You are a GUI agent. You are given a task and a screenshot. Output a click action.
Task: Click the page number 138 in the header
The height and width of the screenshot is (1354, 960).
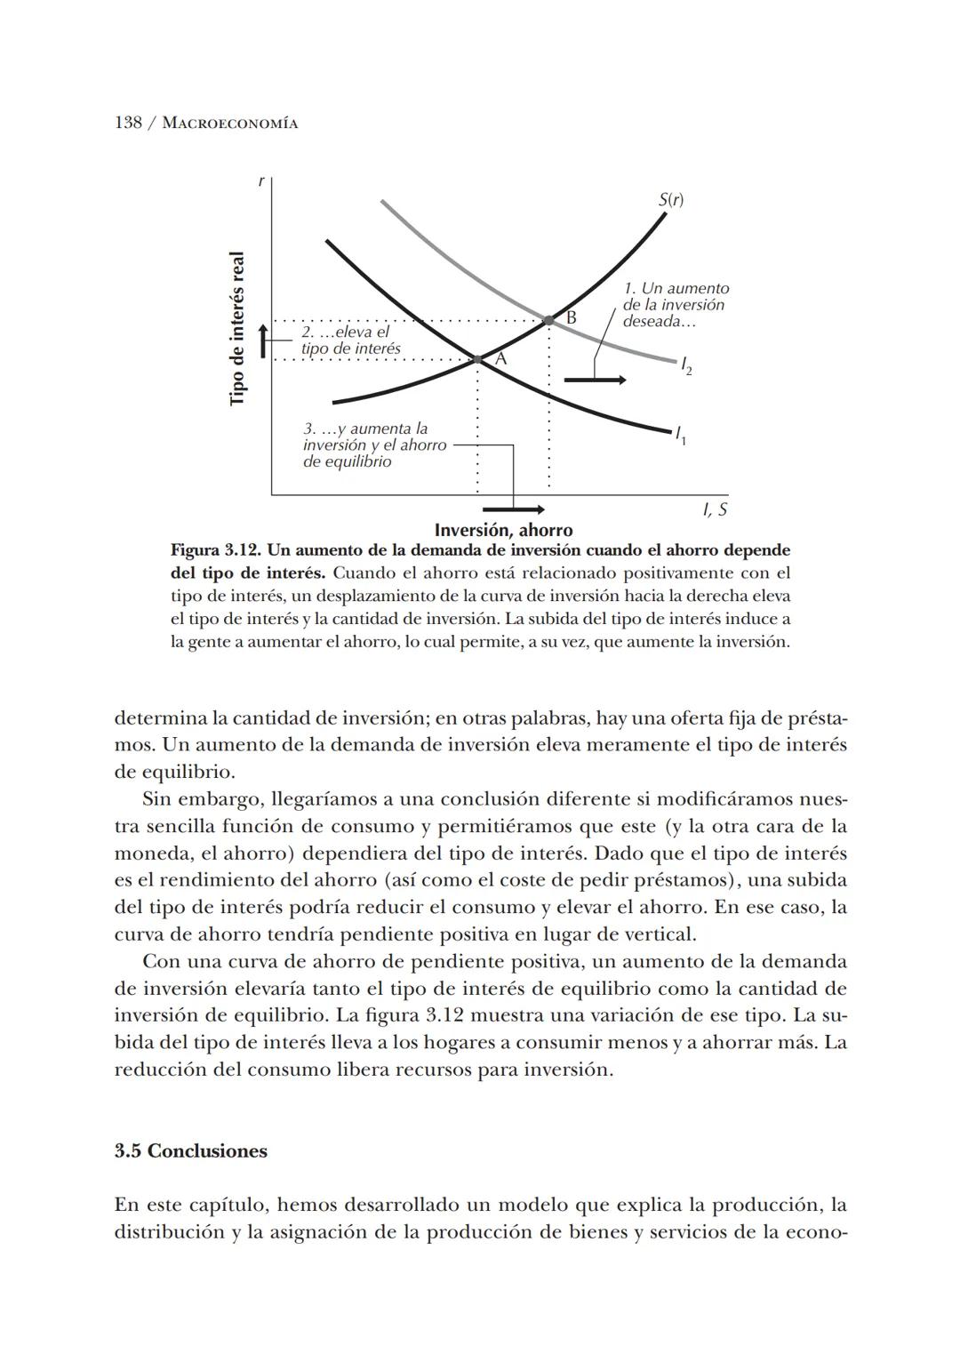coord(128,123)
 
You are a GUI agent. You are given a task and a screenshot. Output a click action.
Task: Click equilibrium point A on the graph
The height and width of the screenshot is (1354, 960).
coord(478,359)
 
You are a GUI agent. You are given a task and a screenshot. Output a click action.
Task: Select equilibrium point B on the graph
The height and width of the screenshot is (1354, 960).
coord(549,319)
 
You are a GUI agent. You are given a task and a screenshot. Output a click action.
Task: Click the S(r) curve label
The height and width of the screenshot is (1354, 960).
coord(671,200)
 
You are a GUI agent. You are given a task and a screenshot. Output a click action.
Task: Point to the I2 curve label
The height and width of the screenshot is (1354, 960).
coord(685,365)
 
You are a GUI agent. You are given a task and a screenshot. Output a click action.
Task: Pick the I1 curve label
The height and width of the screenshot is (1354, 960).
coord(680,435)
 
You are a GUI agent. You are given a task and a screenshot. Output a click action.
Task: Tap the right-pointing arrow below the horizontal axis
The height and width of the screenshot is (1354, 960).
coord(513,509)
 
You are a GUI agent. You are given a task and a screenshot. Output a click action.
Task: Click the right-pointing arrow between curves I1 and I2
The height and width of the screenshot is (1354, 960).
coord(595,381)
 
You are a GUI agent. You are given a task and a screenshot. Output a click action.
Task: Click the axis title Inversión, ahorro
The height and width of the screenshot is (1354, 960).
coord(503,531)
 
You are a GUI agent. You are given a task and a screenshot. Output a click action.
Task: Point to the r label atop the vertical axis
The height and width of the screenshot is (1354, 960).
coord(260,181)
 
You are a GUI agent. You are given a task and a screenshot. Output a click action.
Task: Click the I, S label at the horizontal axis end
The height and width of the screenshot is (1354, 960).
coord(714,510)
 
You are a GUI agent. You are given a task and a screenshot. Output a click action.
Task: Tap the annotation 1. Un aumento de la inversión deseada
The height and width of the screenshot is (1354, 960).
coord(675,305)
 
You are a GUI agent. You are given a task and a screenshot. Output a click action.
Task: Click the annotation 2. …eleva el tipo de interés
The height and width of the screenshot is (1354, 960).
coord(350,341)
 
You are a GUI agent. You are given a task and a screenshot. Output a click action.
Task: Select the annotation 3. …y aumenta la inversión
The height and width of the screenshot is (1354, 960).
coord(373,445)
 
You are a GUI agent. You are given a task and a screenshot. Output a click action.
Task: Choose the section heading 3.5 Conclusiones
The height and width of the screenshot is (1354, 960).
coord(190,1150)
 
